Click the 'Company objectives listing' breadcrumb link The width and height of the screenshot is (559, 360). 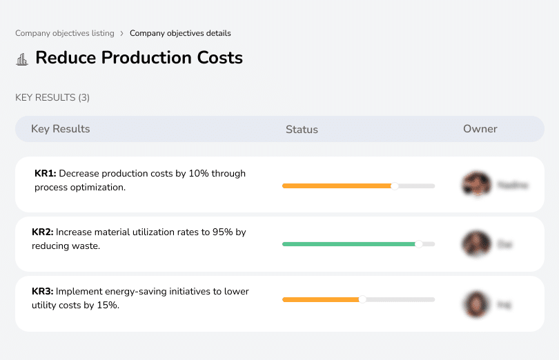click(65, 33)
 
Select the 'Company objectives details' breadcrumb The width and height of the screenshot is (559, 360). click(180, 33)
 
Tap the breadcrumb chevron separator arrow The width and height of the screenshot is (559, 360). click(122, 33)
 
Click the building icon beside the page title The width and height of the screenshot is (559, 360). click(22, 59)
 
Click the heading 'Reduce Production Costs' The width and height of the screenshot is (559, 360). click(139, 57)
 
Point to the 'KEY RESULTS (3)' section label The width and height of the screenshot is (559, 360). click(52, 98)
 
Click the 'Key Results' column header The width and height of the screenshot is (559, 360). click(60, 129)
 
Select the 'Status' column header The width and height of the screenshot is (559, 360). click(302, 129)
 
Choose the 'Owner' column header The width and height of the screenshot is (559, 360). click(480, 129)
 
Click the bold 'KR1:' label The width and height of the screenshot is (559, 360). click(45, 174)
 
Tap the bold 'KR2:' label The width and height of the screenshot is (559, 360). click(42, 232)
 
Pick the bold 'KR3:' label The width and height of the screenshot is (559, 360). click(42, 292)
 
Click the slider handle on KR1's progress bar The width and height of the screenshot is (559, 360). click(395, 186)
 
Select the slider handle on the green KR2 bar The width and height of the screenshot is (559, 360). click(418, 244)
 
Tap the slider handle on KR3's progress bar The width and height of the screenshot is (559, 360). click(362, 299)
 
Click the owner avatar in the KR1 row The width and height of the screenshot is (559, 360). click(475, 185)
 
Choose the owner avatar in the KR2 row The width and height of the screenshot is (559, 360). click(475, 244)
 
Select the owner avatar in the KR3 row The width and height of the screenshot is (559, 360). click(475, 303)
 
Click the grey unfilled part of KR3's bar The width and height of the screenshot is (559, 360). click(400, 299)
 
